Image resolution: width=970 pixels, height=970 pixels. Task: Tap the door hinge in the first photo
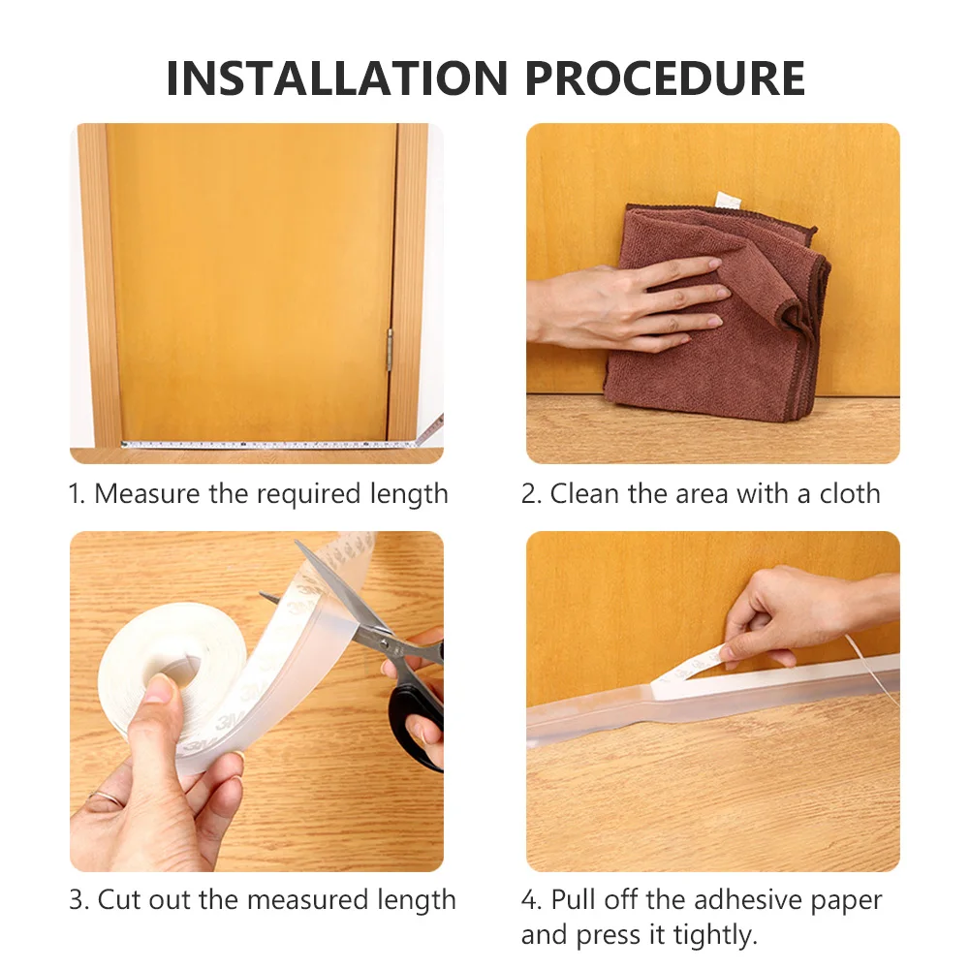[391, 349]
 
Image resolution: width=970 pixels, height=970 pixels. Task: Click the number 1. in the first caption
[78, 494]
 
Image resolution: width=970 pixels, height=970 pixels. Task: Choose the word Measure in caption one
[147, 494]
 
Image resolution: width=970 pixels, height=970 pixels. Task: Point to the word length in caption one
[409, 494]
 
